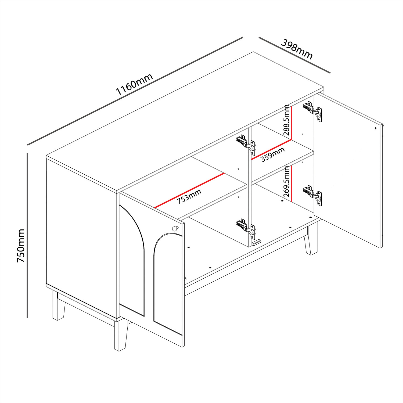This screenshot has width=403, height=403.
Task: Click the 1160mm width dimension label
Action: pos(134,84)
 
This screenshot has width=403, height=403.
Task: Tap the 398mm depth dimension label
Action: pos(297,49)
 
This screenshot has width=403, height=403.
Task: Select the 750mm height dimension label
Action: pos(21,246)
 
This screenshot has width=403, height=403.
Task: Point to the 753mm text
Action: pos(189,197)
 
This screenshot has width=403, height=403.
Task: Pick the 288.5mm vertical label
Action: pos(287,120)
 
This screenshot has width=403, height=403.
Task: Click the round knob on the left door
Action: pos(175,229)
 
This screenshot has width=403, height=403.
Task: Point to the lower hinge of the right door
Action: pos(313,195)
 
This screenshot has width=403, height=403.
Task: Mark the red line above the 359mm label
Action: pos(271,149)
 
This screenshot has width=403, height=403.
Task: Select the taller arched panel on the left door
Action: pos(132,260)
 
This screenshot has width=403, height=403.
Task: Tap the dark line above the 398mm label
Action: pos(294,55)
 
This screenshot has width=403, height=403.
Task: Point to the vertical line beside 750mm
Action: pos(27,235)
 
